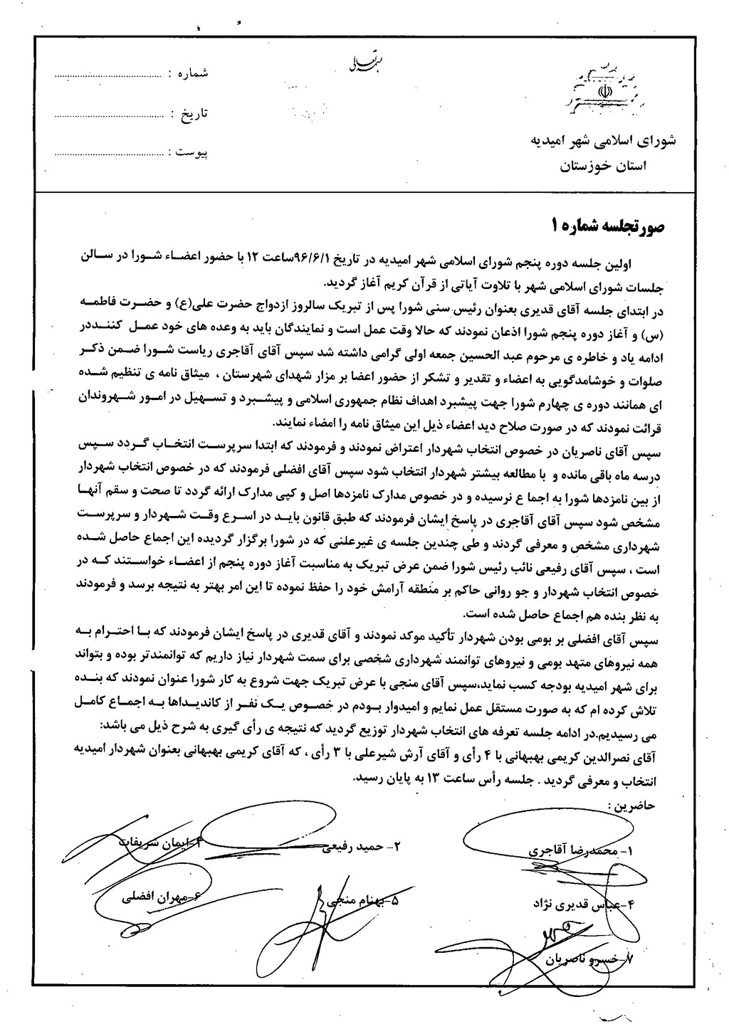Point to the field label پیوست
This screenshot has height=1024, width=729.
coord(192,153)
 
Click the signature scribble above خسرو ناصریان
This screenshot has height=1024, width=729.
coord(562,932)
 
